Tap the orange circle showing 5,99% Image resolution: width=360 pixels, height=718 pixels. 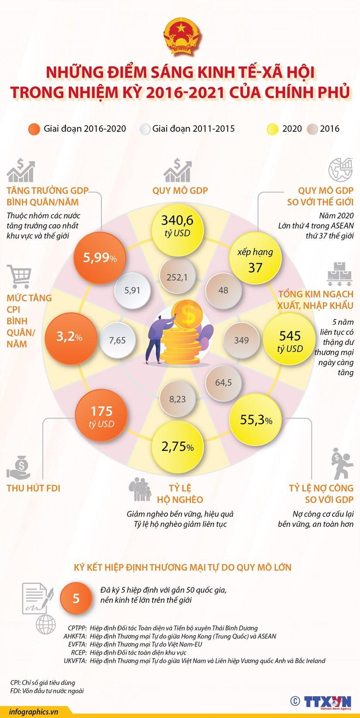100,258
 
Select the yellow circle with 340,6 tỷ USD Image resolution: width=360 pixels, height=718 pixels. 177,225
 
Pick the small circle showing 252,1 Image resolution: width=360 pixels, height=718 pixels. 177,277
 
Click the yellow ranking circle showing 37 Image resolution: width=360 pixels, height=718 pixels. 255,259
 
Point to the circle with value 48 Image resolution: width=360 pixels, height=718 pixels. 223,290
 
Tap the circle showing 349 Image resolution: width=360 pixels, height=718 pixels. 241,340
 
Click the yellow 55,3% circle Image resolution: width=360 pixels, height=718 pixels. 256,420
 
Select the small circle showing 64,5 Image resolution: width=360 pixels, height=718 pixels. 223,382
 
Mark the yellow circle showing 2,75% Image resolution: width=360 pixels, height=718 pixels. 177,447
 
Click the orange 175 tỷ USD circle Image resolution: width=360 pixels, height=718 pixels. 101,416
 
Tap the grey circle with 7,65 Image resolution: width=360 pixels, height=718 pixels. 117,340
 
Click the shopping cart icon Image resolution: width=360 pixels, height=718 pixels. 20,276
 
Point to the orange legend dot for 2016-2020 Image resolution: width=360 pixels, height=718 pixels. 34,129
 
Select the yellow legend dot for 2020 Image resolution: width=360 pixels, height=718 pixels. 273,129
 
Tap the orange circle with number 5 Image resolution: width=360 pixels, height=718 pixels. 76,598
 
